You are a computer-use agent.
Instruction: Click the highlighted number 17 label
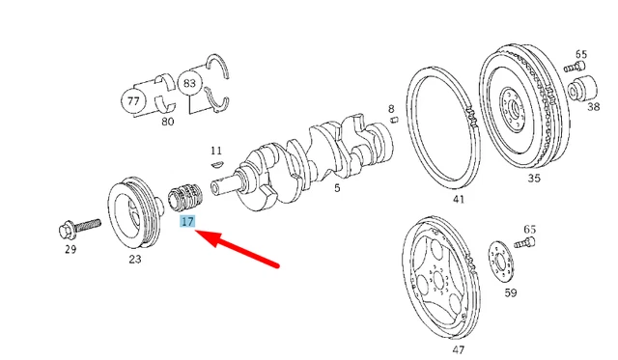pyautogui.click(x=187, y=221)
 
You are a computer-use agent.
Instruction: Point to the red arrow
pyautogui.click(x=238, y=248)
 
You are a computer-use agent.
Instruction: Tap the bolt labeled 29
pyautogui.click(x=79, y=228)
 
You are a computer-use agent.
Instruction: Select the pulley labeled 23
pyautogui.click(x=135, y=213)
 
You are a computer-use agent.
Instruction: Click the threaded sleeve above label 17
pyautogui.click(x=185, y=198)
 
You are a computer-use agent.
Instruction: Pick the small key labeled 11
pyautogui.click(x=217, y=163)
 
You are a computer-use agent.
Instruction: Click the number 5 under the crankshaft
pyautogui.click(x=337, y=188)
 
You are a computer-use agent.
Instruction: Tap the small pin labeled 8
pyautogui.click(x=394, y=120)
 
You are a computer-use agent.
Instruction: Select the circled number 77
pyautogui.click(x=133, y=101)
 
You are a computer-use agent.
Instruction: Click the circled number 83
pyautogui.click(x=189, y=83)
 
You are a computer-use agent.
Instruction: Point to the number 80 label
pyautogui.click(x=168, y=122)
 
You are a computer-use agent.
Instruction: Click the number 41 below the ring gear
pyautogui.click(x=459, y=199)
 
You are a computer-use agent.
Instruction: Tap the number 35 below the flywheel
pyautogui.click(x=534, y=178)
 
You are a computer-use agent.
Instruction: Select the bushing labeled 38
pyautogui.click(x=582, y=89)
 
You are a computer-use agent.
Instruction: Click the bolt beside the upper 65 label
pyautogui.click(x=575, y=67)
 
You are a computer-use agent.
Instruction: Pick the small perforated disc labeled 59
pyautogui.click(x=501, y=261)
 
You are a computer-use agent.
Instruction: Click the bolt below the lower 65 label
pyautogui.click(x=525, y=242)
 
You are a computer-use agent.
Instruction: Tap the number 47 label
pyautogui.click(x=459, y=349)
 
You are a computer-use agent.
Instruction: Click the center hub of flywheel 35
pyautogui.click(x=513, y=108)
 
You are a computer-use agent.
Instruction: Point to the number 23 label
pyautogui.click(x=135, y=260)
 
